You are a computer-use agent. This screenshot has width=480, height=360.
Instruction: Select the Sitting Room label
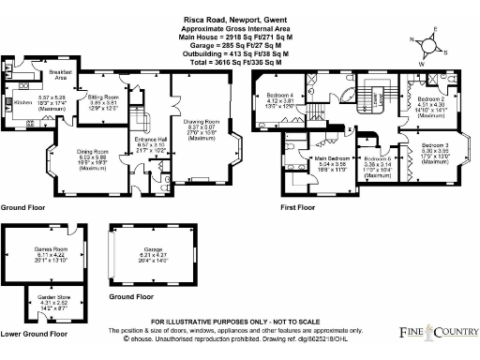tap(104, 97)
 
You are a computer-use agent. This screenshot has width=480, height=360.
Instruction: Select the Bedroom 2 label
tap(430, 98)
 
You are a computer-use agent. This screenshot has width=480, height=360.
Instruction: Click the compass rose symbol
tap(427, 43)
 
